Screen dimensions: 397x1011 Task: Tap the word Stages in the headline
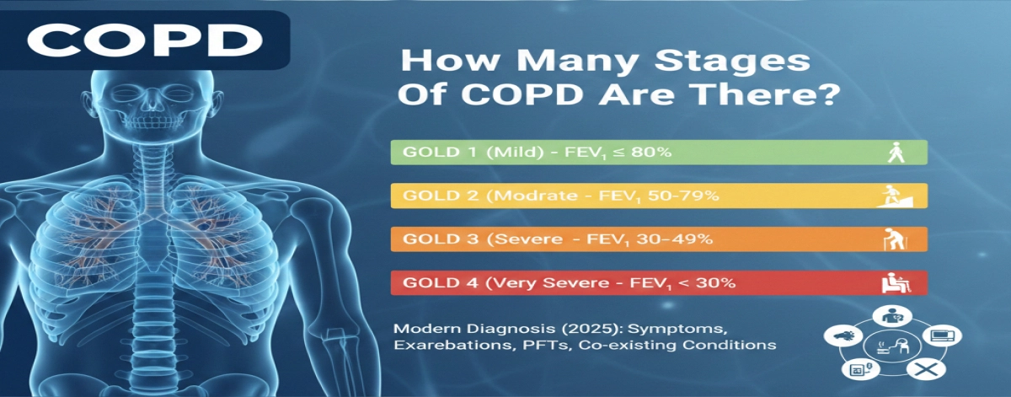(x=736, y=65)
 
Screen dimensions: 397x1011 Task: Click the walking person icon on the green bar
(x=896, y=153)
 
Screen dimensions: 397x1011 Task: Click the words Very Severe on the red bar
(x=525, y=283)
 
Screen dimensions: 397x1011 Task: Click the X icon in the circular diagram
(x=924, y=369)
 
